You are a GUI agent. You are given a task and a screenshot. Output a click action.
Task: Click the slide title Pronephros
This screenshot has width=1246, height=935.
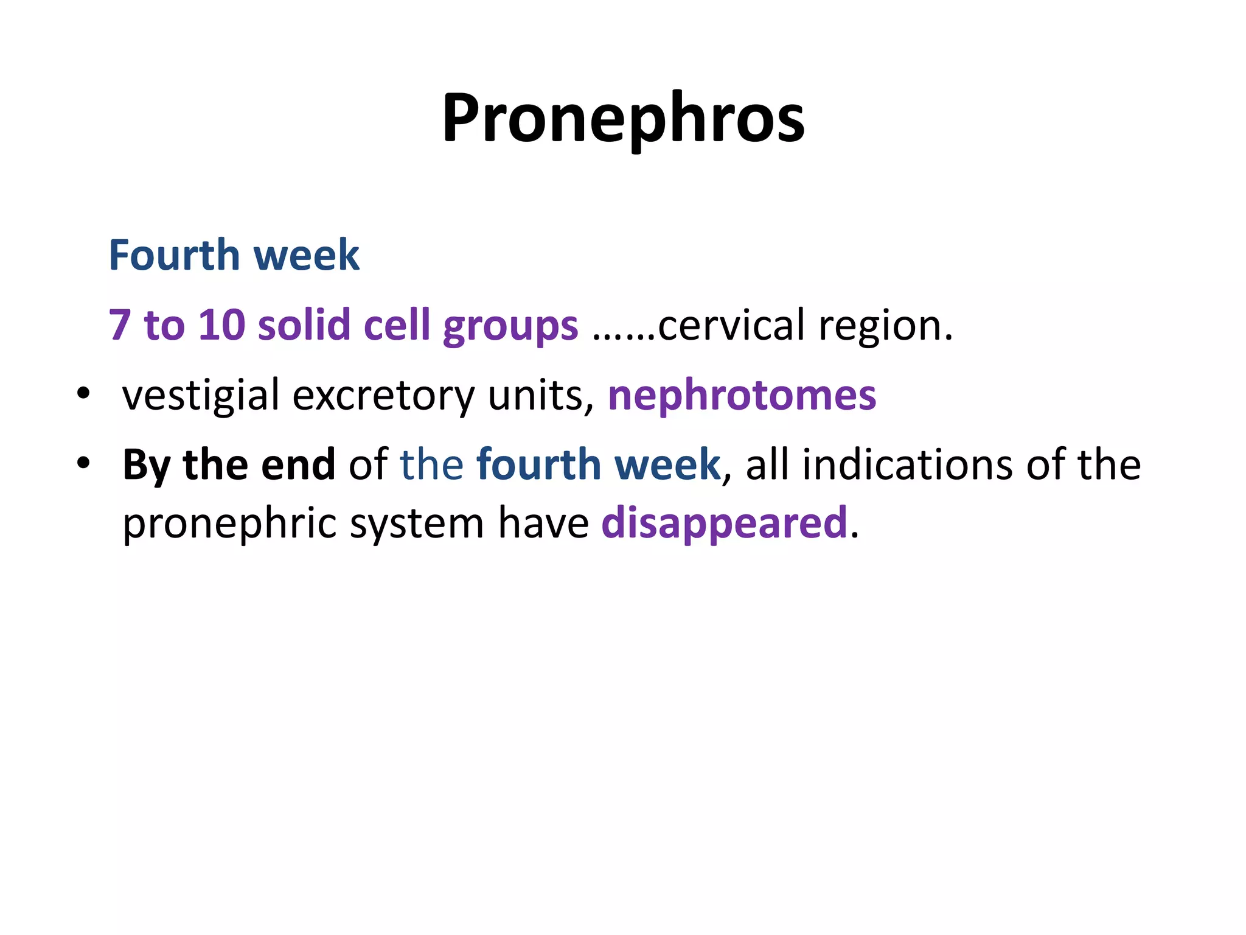click(623, 119)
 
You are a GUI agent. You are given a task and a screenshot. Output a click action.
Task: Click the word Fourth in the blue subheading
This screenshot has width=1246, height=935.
click(174, 256)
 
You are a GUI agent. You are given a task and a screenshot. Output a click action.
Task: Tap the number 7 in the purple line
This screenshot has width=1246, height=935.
click(120, 325)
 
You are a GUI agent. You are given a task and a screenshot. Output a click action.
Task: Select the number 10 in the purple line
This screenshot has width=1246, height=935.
click(221, 325)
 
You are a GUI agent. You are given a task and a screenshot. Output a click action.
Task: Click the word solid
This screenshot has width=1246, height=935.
click(304, 325)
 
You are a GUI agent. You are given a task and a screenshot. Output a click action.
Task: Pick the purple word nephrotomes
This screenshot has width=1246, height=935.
click(742, 396)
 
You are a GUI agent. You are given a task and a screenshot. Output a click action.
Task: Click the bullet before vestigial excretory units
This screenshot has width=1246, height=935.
click(83, 393)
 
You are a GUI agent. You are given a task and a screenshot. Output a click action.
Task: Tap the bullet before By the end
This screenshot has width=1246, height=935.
click(83, 463)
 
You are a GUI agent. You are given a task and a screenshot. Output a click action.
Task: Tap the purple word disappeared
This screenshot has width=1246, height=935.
click(724, 524)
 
